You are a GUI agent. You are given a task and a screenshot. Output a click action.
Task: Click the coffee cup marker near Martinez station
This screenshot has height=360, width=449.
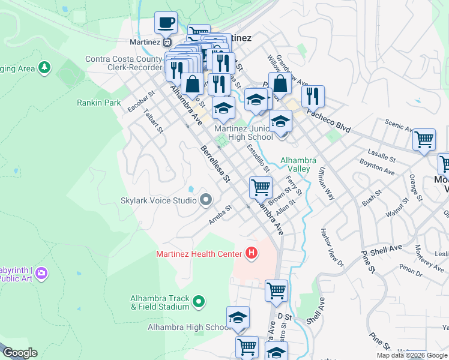click(x=166, y=23)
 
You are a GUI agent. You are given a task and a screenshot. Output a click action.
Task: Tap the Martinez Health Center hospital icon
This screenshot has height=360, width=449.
click(x=252, y=254)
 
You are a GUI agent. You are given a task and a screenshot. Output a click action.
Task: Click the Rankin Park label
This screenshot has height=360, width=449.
click(x=99, y=103)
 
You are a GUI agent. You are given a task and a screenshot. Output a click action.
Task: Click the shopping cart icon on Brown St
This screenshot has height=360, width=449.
click(x=261, y=187)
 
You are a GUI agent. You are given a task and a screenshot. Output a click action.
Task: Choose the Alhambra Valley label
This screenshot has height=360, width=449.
click(x=298, y=164)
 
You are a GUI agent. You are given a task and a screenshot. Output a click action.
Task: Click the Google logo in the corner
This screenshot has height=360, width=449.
click(x=19, y=353)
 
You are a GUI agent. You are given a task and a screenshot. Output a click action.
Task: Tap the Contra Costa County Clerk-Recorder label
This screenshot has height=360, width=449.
click(x=124, y=64)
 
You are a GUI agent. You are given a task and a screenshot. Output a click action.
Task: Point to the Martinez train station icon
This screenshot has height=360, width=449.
click(x=167, y=42)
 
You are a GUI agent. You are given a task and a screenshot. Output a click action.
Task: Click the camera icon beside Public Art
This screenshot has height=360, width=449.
click(x=41, y=274)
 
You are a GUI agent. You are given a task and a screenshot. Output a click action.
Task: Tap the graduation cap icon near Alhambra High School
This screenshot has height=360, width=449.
click(x=238, y=317)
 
